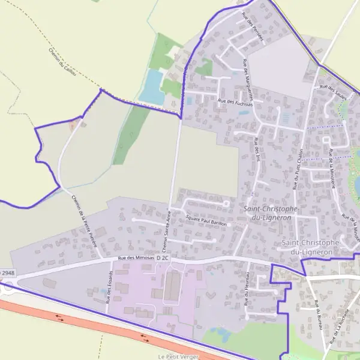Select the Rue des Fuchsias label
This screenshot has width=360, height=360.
(236, 103)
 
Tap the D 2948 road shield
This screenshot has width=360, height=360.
(6, 273)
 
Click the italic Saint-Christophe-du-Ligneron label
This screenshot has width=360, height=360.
(268, 213)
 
